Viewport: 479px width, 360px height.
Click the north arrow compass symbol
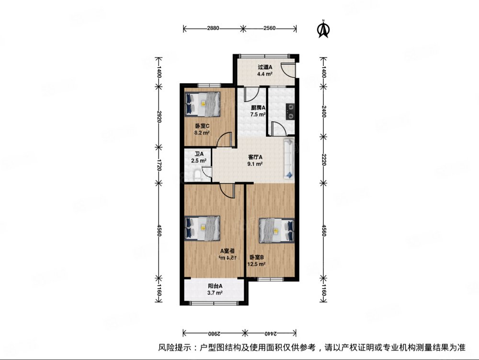[x=324, y=29]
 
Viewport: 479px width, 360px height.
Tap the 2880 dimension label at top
[x=213, y=28]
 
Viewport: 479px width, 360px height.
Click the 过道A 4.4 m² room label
[x=265, y=70]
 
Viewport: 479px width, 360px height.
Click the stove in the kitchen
[x=290, y=111]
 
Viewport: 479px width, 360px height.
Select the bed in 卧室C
[x=202, y=104]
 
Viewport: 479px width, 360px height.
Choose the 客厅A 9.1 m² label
[x=255, y=160]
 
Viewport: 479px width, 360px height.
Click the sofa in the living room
[x=289, y=159]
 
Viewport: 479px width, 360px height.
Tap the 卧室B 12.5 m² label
[x=256, y=260]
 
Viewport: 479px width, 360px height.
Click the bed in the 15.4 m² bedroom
[x=202, y=227]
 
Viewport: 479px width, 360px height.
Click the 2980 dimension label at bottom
[x=213, y=332]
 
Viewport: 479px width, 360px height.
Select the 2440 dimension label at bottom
[x=269, y=332]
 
